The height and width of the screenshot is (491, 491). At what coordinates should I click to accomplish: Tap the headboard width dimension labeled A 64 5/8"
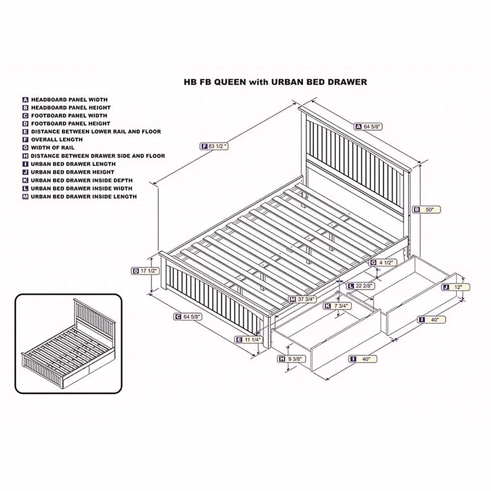pyautogui.click(x=369, y=127)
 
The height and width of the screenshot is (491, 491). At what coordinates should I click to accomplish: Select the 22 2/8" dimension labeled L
pyautogui.click(x=360, y=286)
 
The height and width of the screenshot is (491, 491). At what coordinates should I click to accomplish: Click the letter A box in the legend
pyautogui.click(x=25, y=99)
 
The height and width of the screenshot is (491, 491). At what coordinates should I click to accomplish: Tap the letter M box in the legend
pyautogui.click(x=25, y=196)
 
